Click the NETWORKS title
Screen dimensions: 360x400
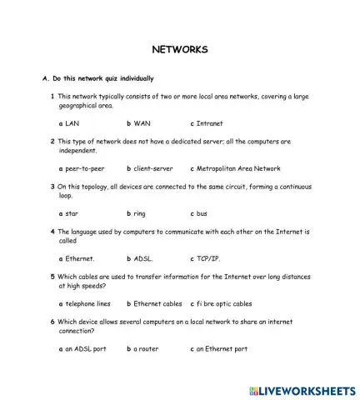[179, 49]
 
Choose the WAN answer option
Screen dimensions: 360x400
[142, 123]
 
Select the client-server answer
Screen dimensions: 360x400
[152, 168]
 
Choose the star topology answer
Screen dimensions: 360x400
[72, 213]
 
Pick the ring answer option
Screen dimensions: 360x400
[139, 213]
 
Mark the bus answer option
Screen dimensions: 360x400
[202, 213]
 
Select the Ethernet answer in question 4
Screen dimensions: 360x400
[79, 258]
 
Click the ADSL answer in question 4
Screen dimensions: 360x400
[142, 258]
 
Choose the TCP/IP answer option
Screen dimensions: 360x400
[208, 258]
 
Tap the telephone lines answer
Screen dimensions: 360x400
[87, 304]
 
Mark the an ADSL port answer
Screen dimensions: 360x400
[85, 349]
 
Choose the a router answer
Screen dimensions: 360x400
[146, 349]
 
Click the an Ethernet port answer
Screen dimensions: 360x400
[222, 349]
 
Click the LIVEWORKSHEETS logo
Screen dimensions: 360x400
[302, 390]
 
